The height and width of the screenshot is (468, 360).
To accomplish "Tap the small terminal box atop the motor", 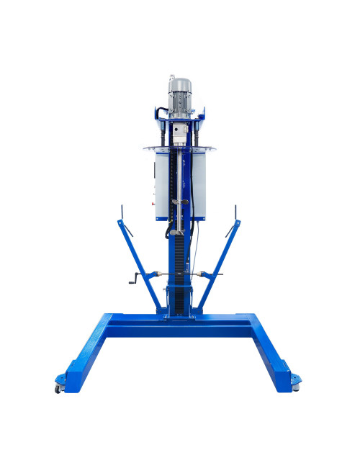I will (172, 78).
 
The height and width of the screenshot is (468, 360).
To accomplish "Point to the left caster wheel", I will (58, 389).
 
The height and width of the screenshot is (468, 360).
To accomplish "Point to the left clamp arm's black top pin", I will (122, 213).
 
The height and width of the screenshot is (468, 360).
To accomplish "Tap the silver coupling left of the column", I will (160, 274).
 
